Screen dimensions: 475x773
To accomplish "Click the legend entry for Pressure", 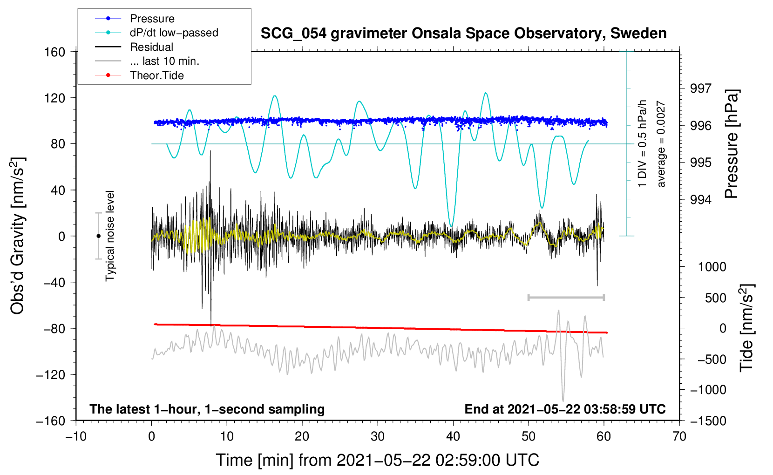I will click(x=152, y=19).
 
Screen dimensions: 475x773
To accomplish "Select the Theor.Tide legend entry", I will click(x=156, y=75).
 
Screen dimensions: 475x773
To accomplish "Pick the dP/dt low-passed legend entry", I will click(x=174, y=33).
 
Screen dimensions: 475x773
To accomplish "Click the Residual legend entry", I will click(x=151, y=47).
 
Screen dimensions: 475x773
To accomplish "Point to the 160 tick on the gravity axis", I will click(x=55, y=52).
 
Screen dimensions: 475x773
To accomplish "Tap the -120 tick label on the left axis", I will click(x=51, y=374).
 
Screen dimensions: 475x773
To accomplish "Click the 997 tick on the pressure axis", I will click(x=701, y=88).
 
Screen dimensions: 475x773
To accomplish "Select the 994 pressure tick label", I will click(x=701, y=200).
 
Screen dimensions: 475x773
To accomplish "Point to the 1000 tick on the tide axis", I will click(x=712, y=267).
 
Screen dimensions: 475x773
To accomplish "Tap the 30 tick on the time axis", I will click(x=378, y=436).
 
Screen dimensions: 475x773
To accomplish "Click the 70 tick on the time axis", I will click(x=679, y=436).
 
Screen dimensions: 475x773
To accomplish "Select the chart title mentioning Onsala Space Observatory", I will click(x=463, y=34).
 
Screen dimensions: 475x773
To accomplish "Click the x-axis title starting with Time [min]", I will click(x=378, y=460).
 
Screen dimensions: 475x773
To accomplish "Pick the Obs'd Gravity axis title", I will click(x=18, y=236).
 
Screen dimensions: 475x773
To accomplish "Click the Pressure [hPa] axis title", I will click(x=732, y=144).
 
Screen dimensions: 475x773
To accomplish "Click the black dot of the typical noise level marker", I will click(x=98, y=236).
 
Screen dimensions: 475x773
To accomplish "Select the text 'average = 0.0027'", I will click(x=661, y=144).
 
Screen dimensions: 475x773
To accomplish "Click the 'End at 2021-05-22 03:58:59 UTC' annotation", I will click(x=565, y=409).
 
